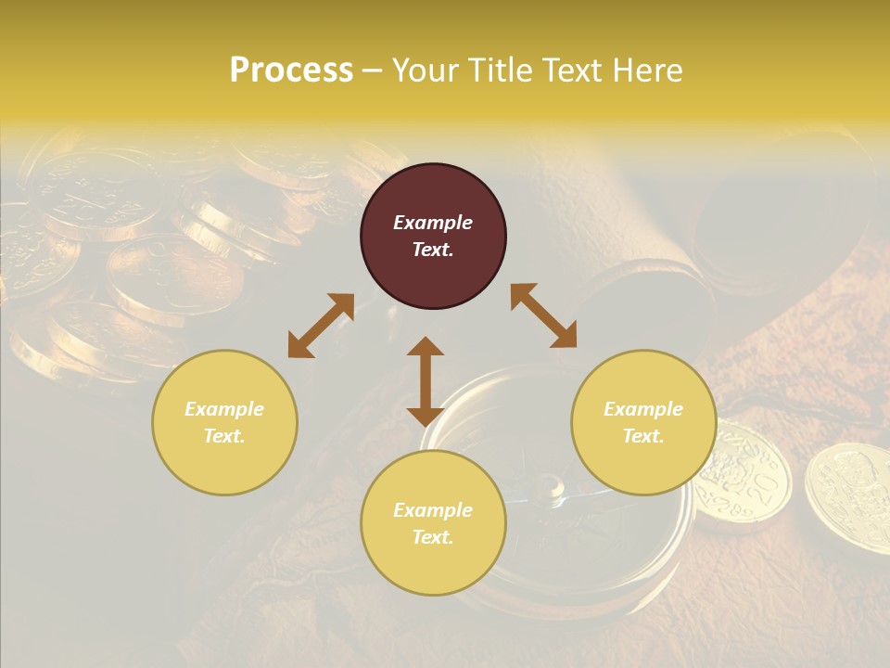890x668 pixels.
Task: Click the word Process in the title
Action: [291, 71]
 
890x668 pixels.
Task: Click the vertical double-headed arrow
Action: [426, 381]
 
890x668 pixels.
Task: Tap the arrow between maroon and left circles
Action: [321, 326]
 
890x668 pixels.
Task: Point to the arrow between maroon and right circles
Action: [544, 315]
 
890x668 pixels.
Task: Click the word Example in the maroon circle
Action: [433, 223]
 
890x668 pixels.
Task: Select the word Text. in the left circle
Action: [224, 436]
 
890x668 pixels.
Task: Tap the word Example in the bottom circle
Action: [433, 510]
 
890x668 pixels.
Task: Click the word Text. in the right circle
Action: [643, 436]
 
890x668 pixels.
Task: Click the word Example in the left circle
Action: [224, 409]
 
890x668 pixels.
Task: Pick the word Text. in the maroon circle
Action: [433, 250]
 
